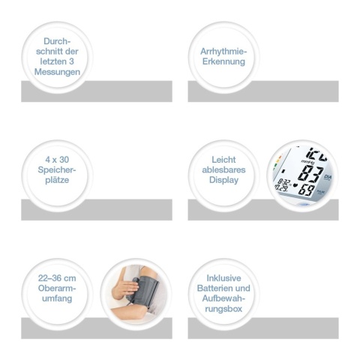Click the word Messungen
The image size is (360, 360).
[57, 72]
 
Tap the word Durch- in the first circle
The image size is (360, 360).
[57, 41]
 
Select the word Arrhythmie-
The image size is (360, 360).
[223, 52]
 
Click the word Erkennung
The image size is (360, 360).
[223, 61]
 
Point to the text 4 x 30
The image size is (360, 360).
[57, 160]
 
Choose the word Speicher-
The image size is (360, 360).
[57, 170]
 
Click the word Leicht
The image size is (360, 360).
[223, 160]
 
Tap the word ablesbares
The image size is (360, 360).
[223, 169]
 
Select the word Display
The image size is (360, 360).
[223, 180]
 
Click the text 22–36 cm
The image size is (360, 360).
[57, 278]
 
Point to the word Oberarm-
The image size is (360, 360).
[57, 288]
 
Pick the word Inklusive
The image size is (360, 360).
[223, 278]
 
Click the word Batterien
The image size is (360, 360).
[214, 288]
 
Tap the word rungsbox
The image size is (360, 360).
[223, 309]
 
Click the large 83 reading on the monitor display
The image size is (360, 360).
[309, 173]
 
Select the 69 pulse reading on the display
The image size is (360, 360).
[307, 190]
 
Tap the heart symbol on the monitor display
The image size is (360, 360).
[295, 186]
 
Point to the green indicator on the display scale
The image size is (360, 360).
[275, 165]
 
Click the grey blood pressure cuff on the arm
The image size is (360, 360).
[145, 291]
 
